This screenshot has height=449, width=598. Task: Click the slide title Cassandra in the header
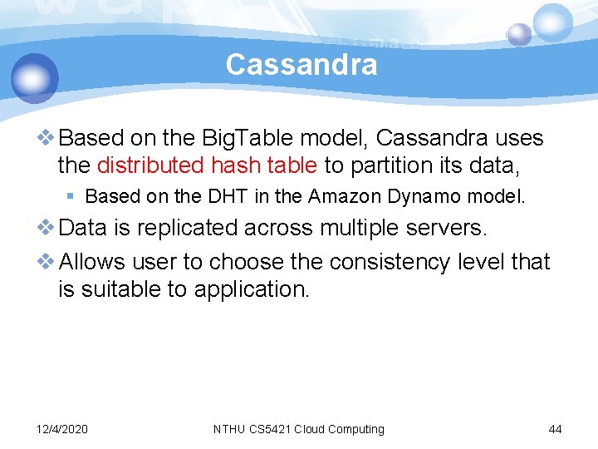pos(301,64)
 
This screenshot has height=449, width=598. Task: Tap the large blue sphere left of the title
pos(35,78)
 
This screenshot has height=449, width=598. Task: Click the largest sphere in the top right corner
pos(552,23)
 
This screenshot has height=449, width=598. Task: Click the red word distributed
pos(150,165)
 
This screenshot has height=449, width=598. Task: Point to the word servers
pos(453,228)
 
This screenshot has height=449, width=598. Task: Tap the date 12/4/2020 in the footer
pos(62,429)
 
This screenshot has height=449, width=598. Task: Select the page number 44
pos(555,429)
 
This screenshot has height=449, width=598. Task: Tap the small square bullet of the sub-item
pos(72,197)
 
